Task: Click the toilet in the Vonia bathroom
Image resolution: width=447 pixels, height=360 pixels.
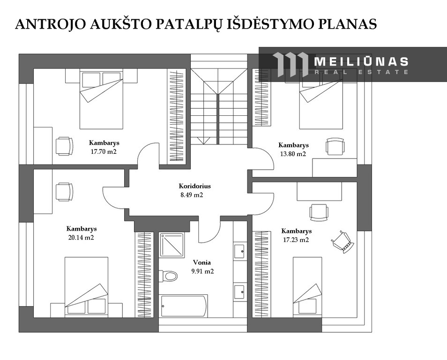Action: [169, 276]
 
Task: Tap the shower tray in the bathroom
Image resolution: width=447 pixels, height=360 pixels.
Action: [171, 245]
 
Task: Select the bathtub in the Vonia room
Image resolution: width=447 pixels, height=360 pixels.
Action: [183, 306]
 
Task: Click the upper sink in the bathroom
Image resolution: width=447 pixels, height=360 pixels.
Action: [239, 252]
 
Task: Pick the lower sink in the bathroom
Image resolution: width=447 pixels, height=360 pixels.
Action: [239, 292]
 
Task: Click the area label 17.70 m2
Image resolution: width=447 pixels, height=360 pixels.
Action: [104, 152]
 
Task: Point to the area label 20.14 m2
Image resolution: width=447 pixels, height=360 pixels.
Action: [81, 238]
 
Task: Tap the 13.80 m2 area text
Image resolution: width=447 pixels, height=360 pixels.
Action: [293, 154]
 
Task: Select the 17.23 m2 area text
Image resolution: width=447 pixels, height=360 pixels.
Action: [296, 240]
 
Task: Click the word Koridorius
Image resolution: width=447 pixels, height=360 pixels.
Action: [195, 186]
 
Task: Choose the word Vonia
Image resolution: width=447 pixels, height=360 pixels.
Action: [202, 262]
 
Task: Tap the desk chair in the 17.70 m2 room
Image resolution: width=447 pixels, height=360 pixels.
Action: [64, 146]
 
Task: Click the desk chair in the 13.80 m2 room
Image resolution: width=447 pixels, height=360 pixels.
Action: [335, 146]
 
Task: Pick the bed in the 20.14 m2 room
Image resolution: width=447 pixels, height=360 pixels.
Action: [86, 287]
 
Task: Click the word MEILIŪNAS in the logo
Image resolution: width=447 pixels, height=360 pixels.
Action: [361, 61]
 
